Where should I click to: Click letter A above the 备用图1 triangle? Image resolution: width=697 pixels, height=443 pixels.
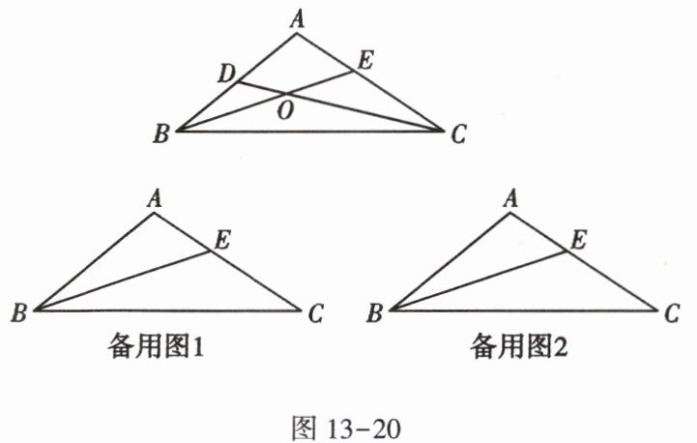point(154,198)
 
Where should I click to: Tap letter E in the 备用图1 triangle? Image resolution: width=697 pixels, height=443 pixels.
point(221,242)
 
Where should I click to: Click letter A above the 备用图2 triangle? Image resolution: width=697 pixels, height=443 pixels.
point(512,198)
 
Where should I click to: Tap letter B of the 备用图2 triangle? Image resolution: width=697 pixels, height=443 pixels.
point(376,312)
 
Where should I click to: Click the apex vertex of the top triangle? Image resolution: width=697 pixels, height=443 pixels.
point(298,34)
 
